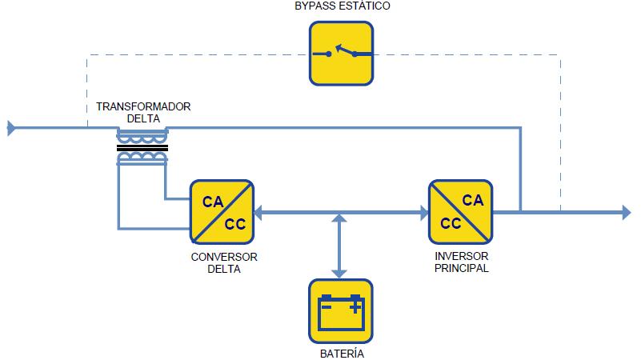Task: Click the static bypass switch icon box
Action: pyautogui.click(x=342, y=53)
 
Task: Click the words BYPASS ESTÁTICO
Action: pyautogui.click(x=342, y=6)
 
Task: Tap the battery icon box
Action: pyautogui.click(x=341, y=311)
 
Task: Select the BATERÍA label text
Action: pyautogui.click(x=341, y=352)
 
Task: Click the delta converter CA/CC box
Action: pyautogui.click(x=222, y=212)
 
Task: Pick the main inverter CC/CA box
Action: pyautogui.click(x=461, y=212)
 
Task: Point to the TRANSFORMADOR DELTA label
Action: pyautogui.click(x=144, y=113)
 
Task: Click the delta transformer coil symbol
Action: pyautogui.click(x=142, y=148)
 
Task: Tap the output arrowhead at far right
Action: pyautogui.click(x=627, y=212)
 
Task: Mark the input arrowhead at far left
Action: pyautogui.click(x=11, y=127)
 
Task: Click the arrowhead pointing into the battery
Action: pyautogui.click(x=342, y=272)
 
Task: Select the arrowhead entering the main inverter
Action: pyautogui.click(x=423, y=213)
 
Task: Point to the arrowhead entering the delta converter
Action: pyautogui.click(x=259, y=213)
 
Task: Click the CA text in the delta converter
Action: pyautogui.click(x=212, y=202)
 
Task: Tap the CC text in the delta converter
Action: pyautogui.click(x=234, y=223)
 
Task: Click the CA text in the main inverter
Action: pyautogui.click(x=473, y=201)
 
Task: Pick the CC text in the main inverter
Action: pyautogui.click(x=451, y=223)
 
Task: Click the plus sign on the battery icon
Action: pyautogui.click(x=355, y=304)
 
